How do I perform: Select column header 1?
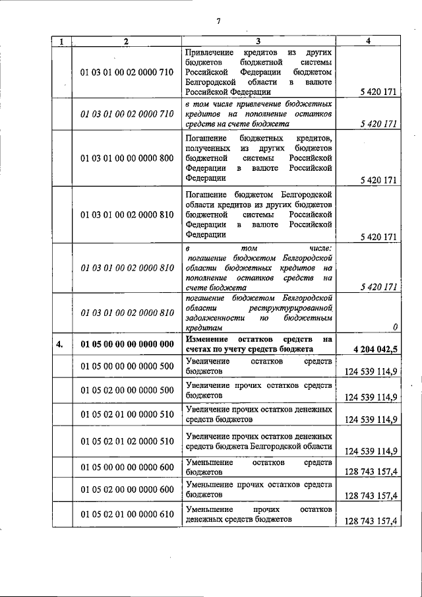[x=61, y=41]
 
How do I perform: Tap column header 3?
[x=258, y=41]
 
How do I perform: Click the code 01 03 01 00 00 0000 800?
[x=127, y=158]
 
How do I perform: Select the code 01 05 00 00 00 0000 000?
[x=127, y=344]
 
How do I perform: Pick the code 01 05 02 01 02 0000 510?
[x=127, y=441]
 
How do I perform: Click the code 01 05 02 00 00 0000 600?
[x=127, y=489]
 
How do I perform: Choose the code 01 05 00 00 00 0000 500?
[x=127, y=366]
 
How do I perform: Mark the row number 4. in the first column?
[x=61, y=344]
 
